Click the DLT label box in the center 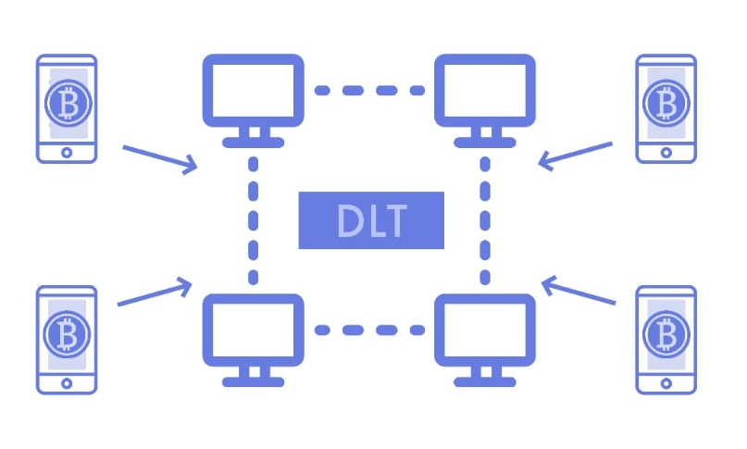tap(370, 220)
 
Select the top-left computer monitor tap(252, 90)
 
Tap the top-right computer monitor tap(484, 90)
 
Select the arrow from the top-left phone tap(160, 157)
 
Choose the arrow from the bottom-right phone tap(579, 291)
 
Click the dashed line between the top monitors tap(368, 91)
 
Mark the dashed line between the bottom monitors tap(368, 330)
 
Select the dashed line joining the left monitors tap(252, 219)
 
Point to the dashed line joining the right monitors tap(484, 219)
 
